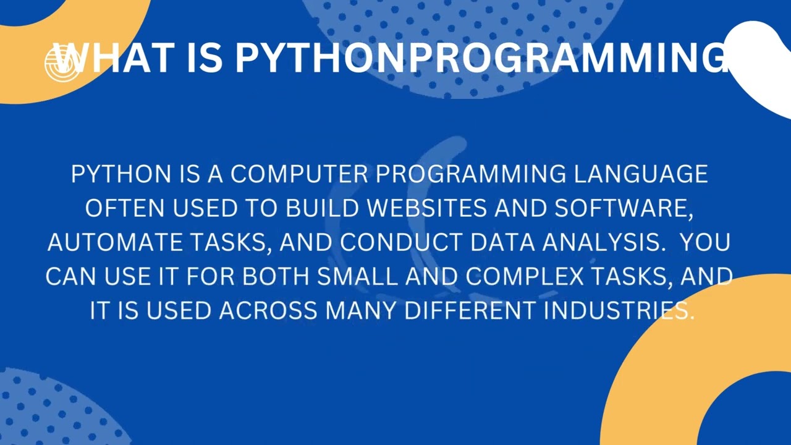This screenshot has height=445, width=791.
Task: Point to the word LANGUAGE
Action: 641,174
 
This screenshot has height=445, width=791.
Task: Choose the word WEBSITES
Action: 427,209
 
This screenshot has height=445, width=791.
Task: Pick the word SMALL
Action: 358,277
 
